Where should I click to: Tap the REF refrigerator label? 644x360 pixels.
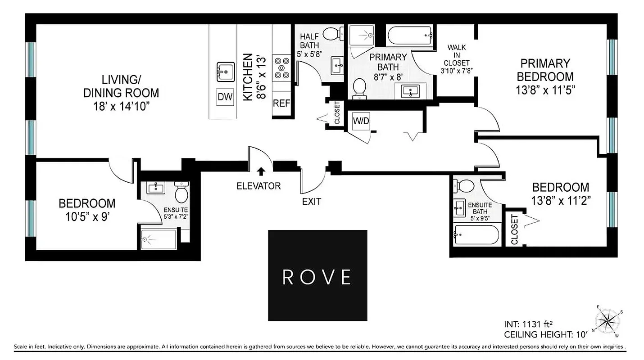click(x=281, y=103)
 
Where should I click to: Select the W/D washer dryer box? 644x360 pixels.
click(x=361, y=121)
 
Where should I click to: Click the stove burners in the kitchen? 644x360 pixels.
click(x=282, y=67)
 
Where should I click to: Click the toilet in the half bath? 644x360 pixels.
click(x=333, y=33)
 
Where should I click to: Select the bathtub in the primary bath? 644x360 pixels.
click(x=410, y=36)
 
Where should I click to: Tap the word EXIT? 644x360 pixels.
click(x=312, y=202)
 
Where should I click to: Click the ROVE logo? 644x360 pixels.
click(x=317, y=275)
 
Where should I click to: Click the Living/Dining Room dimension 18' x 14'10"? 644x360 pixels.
click(x=121, y=107)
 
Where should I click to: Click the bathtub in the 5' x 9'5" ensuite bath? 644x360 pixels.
click(x=477, y=235)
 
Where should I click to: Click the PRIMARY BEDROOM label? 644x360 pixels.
click(x=545, y=70)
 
